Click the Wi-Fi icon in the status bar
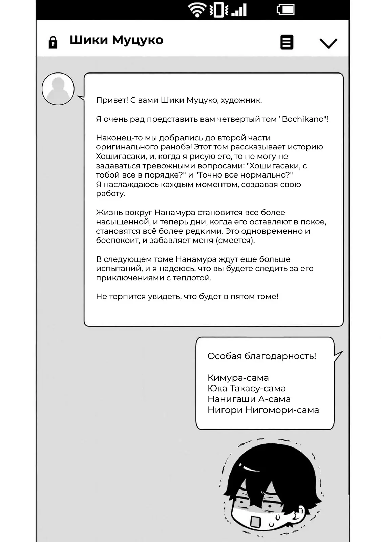[197, 10]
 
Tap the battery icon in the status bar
[285, 9]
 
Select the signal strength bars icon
[239, 10]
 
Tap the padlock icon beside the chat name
[53, 42]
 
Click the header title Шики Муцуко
[117, 40]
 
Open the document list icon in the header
[287, 42]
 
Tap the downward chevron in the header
[328, 43]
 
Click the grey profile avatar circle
[58, 89]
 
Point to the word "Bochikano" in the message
[303, 119]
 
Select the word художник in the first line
[241, 100]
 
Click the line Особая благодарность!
[261, 356]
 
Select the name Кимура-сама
[238, 378]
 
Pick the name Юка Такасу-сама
[247, 388]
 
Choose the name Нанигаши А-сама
[249, 399]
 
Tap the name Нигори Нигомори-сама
[263, 410]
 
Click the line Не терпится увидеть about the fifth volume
[187, 296]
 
